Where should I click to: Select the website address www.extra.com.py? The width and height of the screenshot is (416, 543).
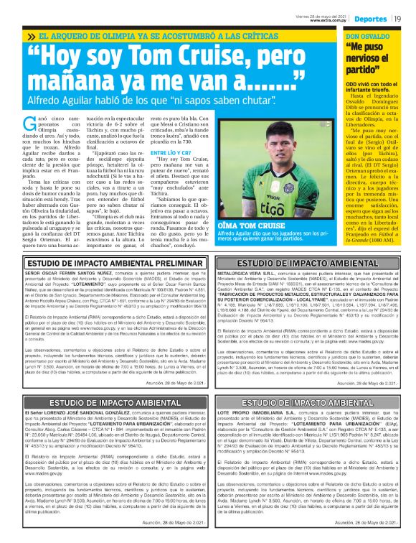[x=328, y=21]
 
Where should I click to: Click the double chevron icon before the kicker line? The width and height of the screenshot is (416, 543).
[x=32, y=36]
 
